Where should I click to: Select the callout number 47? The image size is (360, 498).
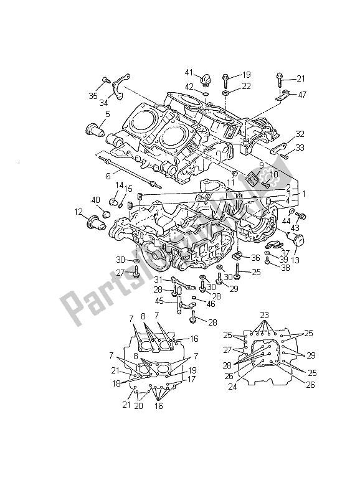302,95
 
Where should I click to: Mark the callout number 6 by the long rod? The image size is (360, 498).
108,177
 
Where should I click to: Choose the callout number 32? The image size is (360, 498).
300,134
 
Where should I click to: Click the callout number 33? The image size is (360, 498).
300,148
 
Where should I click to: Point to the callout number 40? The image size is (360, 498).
96,200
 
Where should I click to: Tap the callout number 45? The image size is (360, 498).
159,301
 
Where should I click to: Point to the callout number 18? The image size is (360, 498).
116,385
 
